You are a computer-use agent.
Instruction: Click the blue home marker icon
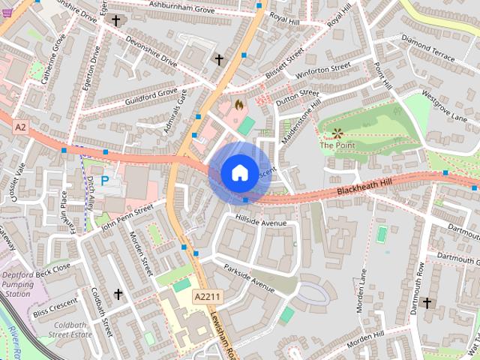[x=238, y=172]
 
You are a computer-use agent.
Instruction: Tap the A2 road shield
[x=20, y=128]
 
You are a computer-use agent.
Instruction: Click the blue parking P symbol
[x=105, y=181]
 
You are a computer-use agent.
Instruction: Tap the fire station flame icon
[x=239, y=105]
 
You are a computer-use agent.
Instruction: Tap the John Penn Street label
[x=127, y=214]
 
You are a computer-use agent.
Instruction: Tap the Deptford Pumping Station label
[x=25, y=284]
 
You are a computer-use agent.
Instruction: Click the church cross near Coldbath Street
[x=118, y=295]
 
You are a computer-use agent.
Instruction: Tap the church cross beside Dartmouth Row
[x=427, y=303]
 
